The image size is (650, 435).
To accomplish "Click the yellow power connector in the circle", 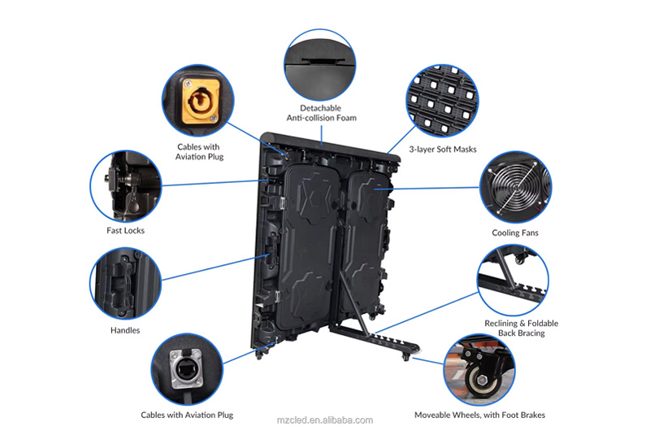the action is pos(199,100).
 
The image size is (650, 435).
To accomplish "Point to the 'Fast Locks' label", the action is pos(126,231).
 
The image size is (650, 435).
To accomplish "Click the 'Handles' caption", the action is pos(125,330).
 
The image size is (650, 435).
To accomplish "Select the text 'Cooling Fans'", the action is pos(515,233).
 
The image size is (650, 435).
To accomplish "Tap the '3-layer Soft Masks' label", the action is pos(443,150).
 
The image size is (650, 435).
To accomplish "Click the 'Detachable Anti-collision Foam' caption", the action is pos(321,113).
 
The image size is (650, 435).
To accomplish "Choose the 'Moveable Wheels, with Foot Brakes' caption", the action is pos(479,415).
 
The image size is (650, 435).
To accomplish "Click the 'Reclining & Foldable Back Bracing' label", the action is pos(521,328).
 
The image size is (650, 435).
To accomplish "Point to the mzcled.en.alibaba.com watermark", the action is pos(324,420).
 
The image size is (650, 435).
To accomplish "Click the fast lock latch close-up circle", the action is pos(126,186).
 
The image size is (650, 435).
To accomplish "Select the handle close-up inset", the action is pos(125,284).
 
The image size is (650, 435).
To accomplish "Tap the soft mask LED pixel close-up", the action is pos(442,101).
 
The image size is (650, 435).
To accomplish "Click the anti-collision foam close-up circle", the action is pos(319,65).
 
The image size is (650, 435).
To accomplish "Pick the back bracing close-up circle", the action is pos(513,281).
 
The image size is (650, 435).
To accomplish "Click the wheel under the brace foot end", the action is pos(406,357).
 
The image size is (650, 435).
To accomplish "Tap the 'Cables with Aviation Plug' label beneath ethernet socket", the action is pos(187,415).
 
